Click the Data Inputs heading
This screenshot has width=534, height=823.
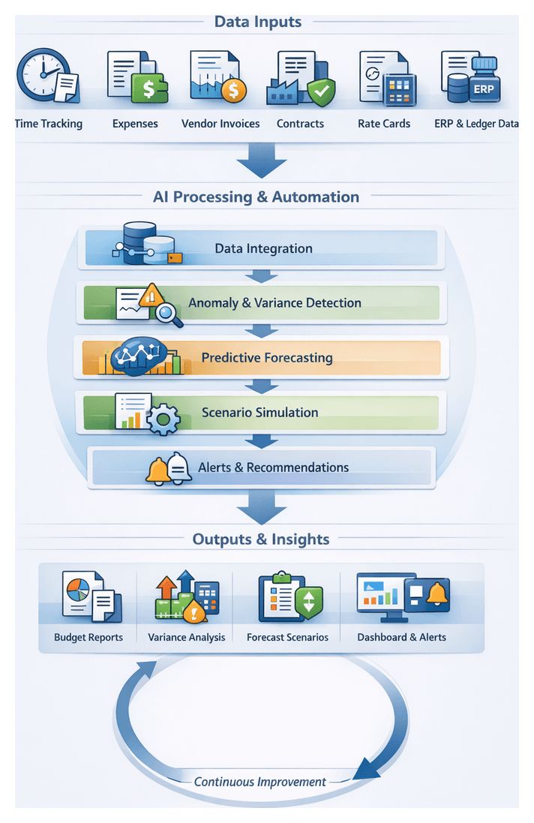coord(257,22)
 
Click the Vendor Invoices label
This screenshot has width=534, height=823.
coord(220,124)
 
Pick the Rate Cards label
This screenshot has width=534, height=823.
coord(384,124)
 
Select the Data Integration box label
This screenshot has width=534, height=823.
coord(263,248)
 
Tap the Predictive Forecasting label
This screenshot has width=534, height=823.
coord(266,358)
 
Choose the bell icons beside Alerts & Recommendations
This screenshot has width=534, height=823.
coord(169,469)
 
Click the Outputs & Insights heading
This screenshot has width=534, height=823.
coord(260,539)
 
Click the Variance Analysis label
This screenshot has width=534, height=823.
coord(186,638)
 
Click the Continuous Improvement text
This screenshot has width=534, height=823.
coord(259,782)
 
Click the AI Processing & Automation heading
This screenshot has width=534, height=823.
coord(256,197)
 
